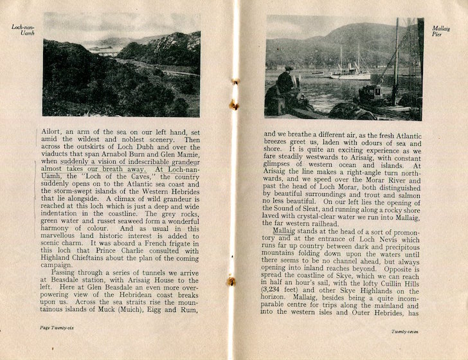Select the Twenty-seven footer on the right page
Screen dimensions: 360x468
coord(406,331)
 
